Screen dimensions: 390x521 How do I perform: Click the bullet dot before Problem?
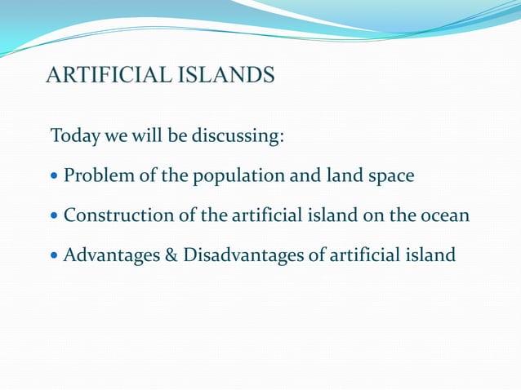[55, 176]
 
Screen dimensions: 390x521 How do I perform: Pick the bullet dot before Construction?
[55, 216]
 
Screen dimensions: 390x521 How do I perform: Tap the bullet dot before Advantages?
[55, 256]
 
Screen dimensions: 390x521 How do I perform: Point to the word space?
[390, 176]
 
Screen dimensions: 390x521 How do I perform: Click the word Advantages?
[112, 256]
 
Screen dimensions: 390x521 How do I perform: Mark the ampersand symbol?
[171, 255]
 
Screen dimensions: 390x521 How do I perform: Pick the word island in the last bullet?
[429, 255]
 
